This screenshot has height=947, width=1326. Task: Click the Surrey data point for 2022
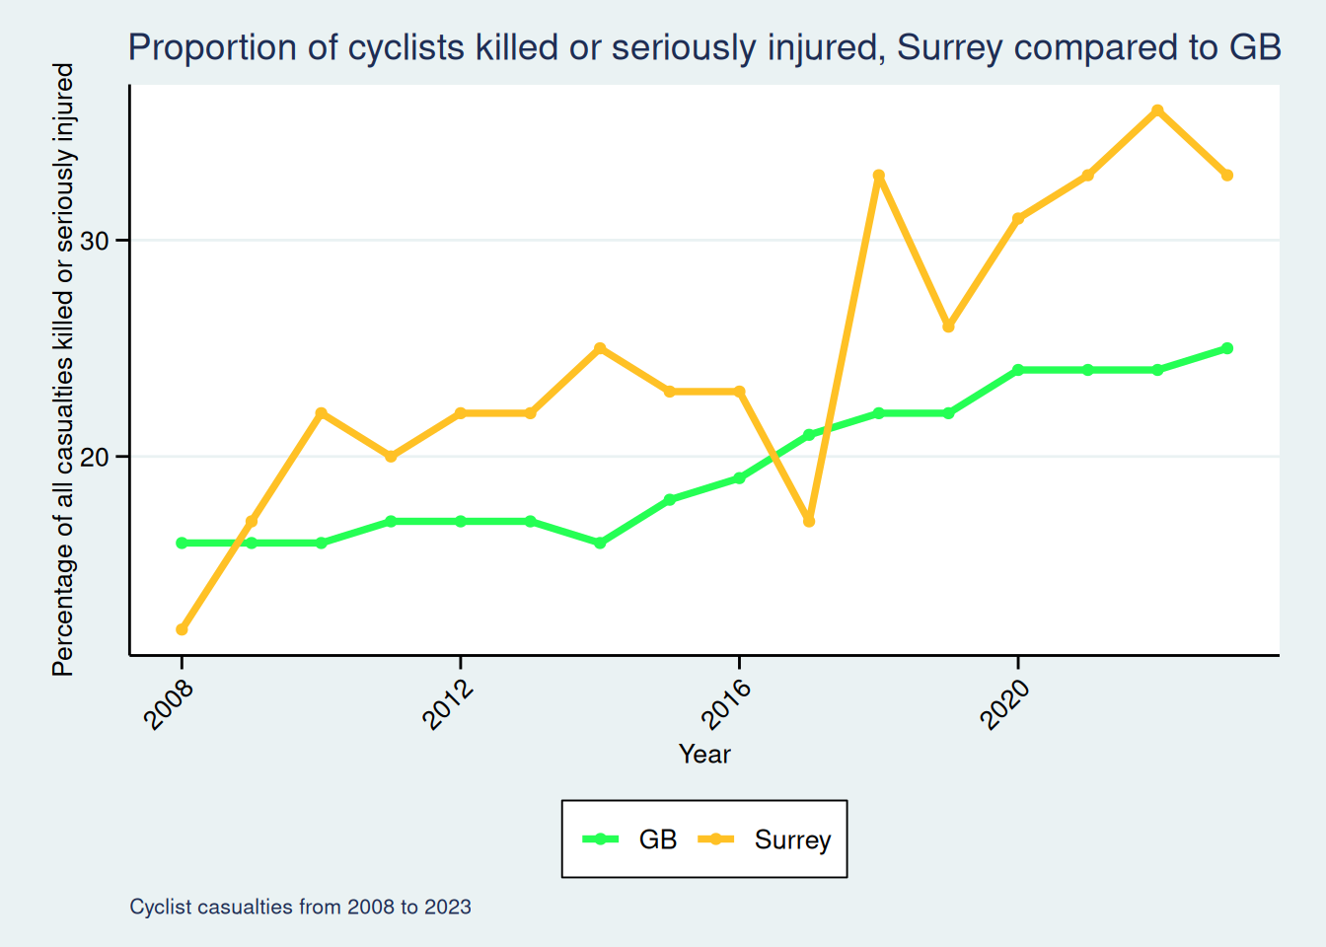coord(1157,110)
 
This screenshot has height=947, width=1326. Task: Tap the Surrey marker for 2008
coord(182,629)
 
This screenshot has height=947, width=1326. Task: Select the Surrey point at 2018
coord(878,176)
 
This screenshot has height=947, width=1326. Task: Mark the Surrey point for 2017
coord(809,521)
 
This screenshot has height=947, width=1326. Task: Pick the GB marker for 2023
coord(1227,348)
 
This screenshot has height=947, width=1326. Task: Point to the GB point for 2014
coord(600,543)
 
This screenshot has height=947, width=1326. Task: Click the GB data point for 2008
coord(182,543)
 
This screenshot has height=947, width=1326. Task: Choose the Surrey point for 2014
coord(600,348)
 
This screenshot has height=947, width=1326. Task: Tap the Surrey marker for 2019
coord(948,327)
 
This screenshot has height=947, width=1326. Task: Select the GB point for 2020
coord(1018,370)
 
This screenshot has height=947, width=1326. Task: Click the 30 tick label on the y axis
coord(93,241)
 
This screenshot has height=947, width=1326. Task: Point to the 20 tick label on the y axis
coord(93,457)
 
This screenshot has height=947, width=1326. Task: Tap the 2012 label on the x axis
coord(449,702)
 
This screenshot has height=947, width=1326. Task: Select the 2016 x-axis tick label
coord(727,702)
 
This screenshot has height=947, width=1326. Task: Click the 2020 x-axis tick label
coord(1006,702)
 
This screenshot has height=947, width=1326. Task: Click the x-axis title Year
coord(704,755)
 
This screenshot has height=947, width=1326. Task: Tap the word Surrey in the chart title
coord(949,47)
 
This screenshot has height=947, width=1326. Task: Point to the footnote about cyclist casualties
coord(300,907)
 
